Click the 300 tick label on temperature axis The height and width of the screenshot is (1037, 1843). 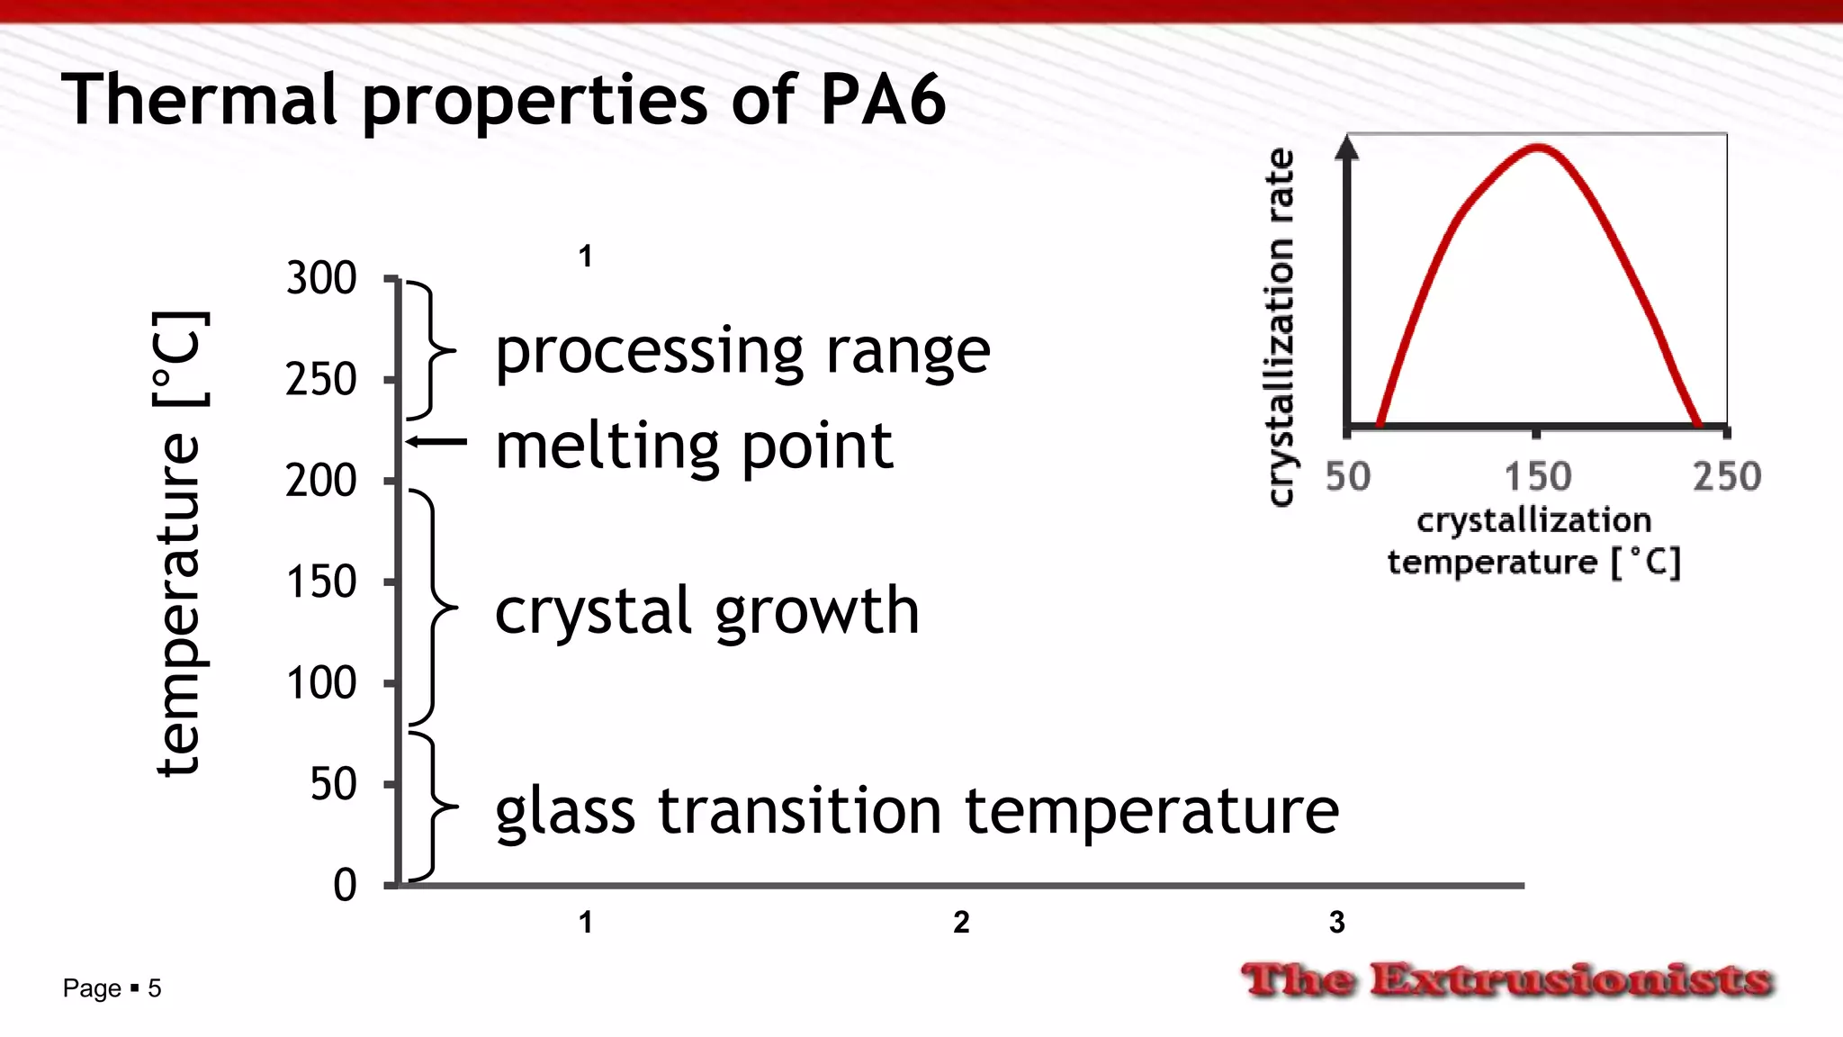coord(321,278)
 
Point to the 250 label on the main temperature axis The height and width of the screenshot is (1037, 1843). coord(321,380)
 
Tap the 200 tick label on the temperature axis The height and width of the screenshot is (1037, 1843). coord(321,481)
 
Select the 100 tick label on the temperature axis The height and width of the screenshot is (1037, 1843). coord(321,683)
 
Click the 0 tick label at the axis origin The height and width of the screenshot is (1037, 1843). coord(345,886)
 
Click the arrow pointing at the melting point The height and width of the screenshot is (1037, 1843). coord(436,441)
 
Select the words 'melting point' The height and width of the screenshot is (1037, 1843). coord(694,447)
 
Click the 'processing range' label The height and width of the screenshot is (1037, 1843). coord(742,352)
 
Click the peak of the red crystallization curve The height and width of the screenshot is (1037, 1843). coord(1538,147)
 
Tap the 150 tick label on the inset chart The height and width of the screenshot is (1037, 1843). coord(1538,477)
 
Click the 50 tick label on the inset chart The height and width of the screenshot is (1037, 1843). coord(1348,477)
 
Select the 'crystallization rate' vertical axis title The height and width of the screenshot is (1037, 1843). coord(1281,327)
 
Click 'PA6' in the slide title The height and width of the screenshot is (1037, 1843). coord(883,99)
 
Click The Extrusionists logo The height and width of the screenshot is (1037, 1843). coord(1507,979)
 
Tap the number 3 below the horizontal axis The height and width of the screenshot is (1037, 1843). coord(1337,923)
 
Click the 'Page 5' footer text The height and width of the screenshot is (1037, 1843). coord(112,988)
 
